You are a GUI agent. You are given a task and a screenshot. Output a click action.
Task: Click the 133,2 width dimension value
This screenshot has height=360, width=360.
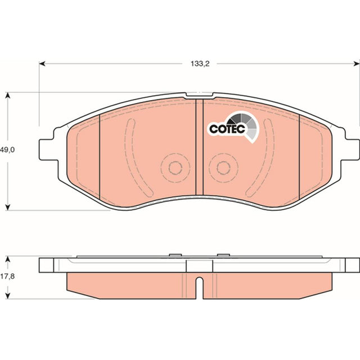(x=200, y=64)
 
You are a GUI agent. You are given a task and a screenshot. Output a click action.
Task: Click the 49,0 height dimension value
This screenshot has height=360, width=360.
(x=7, y=150)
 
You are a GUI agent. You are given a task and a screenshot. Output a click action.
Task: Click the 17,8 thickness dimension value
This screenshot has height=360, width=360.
(x=7, y=276)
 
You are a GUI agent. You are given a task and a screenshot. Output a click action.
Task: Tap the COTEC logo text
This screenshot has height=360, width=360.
(x=227, y=129)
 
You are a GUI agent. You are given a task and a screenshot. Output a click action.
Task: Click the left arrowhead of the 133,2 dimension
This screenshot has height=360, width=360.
(x=42, y=64)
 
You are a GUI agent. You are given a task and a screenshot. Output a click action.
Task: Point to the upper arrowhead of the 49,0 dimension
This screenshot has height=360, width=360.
(x=8, y=95)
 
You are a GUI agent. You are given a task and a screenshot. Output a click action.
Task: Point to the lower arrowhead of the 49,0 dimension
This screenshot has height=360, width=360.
(x=8, y=207)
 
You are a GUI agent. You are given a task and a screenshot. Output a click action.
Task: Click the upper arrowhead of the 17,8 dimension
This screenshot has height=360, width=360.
(x=8, y=259)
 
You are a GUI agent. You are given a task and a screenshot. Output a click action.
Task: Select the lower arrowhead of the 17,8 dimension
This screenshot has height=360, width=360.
(x=8, y=296)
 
